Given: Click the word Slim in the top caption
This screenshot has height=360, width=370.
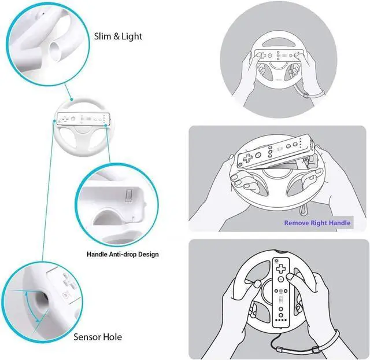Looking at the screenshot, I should (104, 36).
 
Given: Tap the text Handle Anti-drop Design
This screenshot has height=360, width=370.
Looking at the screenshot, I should (123, 254).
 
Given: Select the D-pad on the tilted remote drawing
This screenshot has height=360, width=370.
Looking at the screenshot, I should (246, 158).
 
